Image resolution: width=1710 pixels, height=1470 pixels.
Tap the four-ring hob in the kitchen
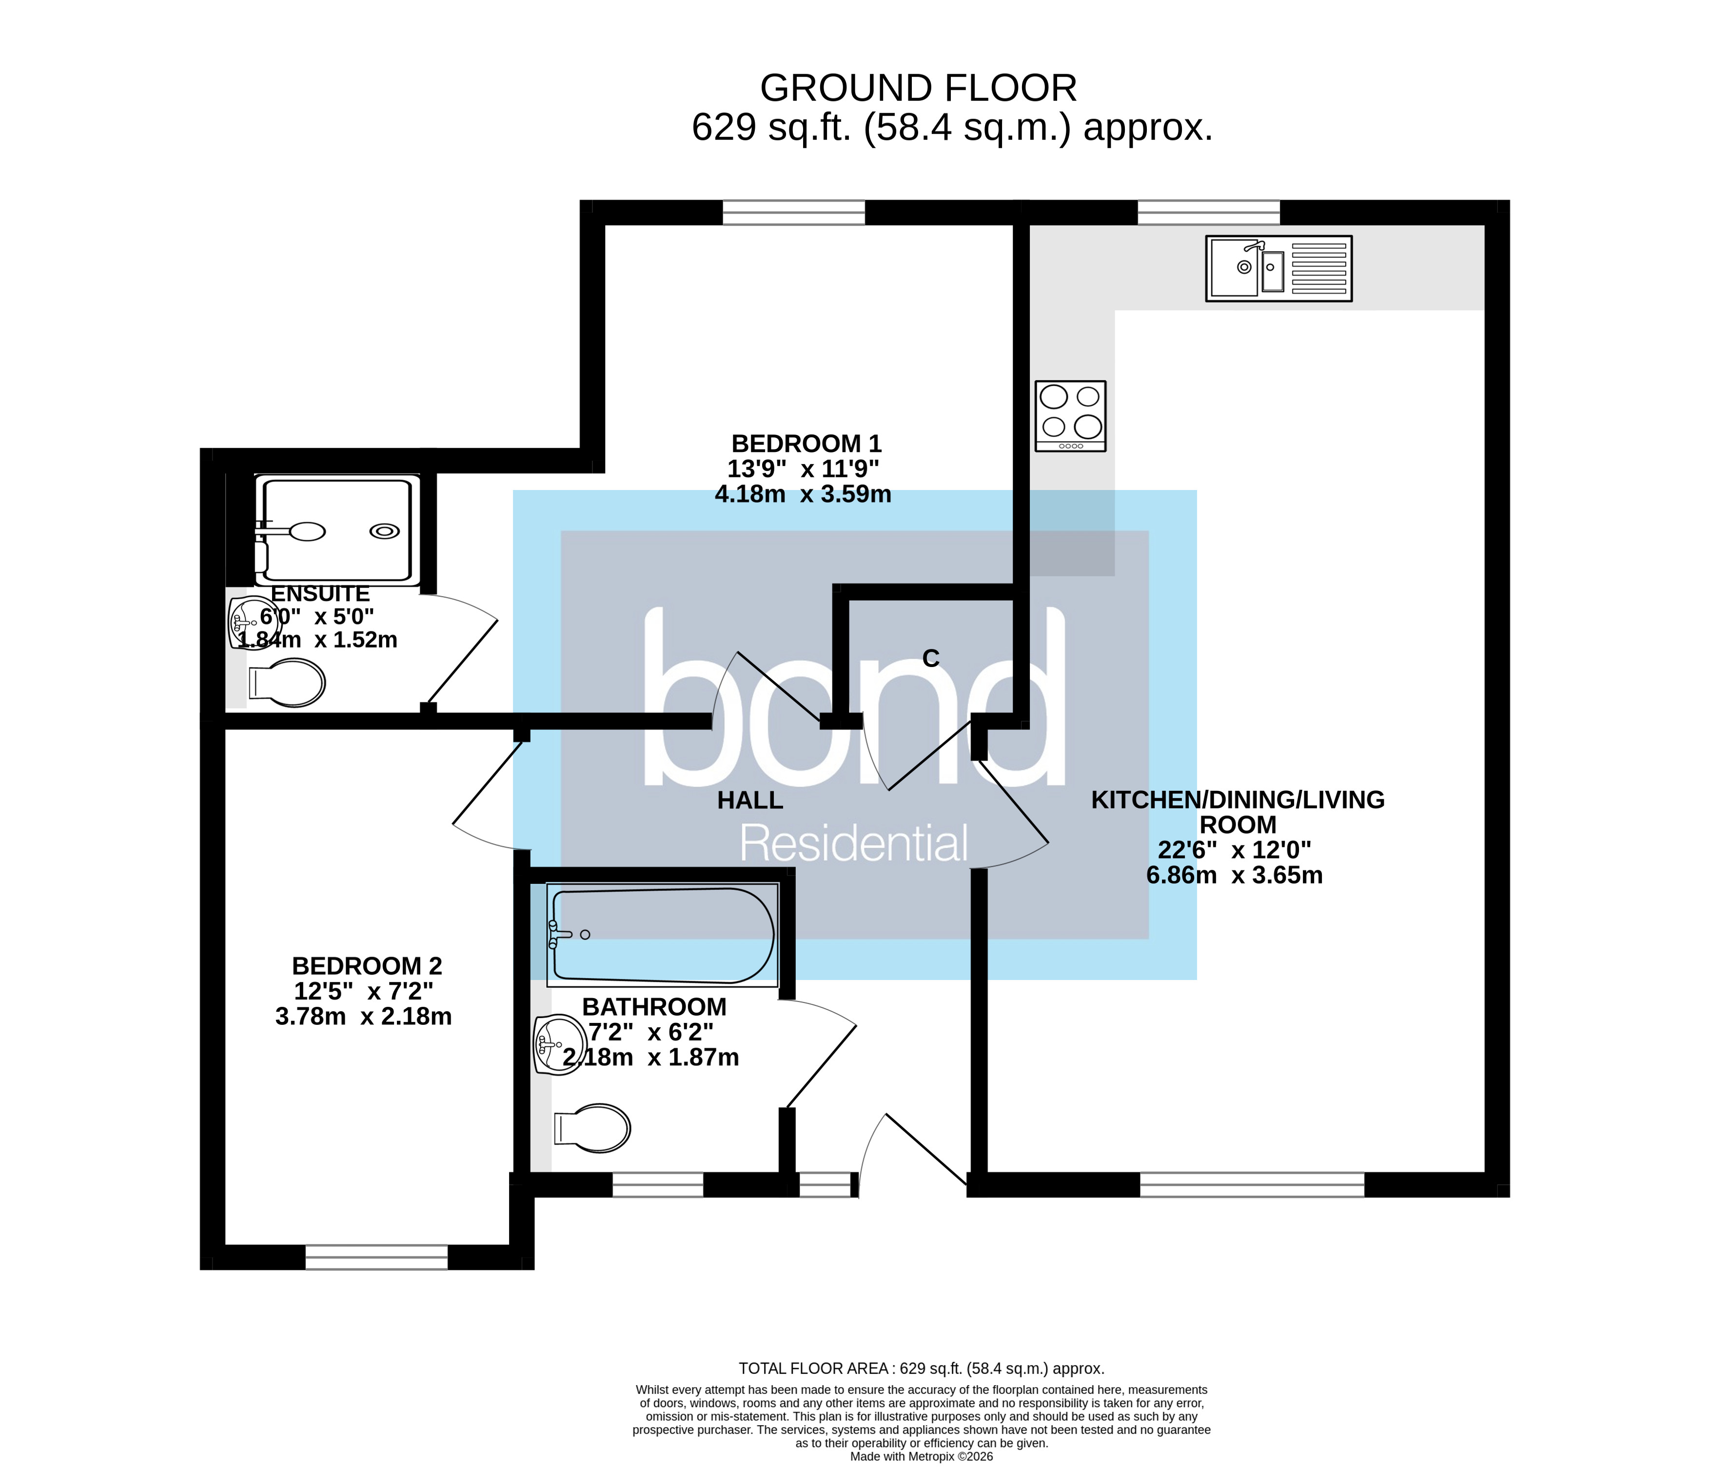[1070, 416]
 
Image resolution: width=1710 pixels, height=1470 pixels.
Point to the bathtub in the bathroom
[663, 935]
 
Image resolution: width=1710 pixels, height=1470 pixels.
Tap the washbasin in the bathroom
[559, 1044]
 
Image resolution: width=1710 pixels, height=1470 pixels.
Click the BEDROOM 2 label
[367, 966]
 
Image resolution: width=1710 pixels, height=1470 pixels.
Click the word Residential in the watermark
[853, 843]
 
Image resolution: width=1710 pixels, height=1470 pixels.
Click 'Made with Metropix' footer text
[921, 1457]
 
